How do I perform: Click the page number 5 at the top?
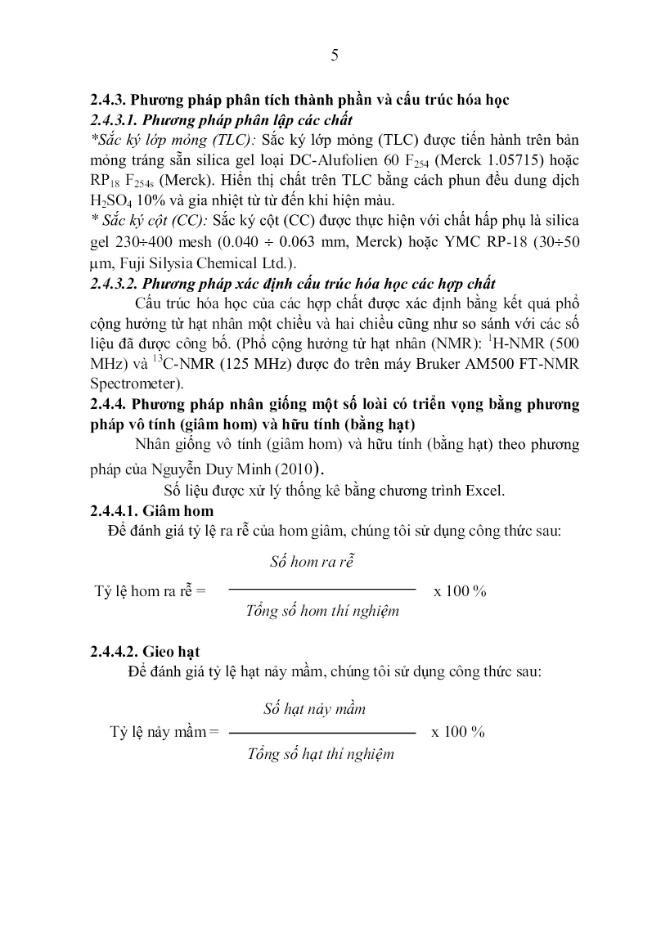point(334,56)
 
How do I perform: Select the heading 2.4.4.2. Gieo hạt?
point(145,651)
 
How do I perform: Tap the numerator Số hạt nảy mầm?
point(314,708)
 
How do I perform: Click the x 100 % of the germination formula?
point(459,732)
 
